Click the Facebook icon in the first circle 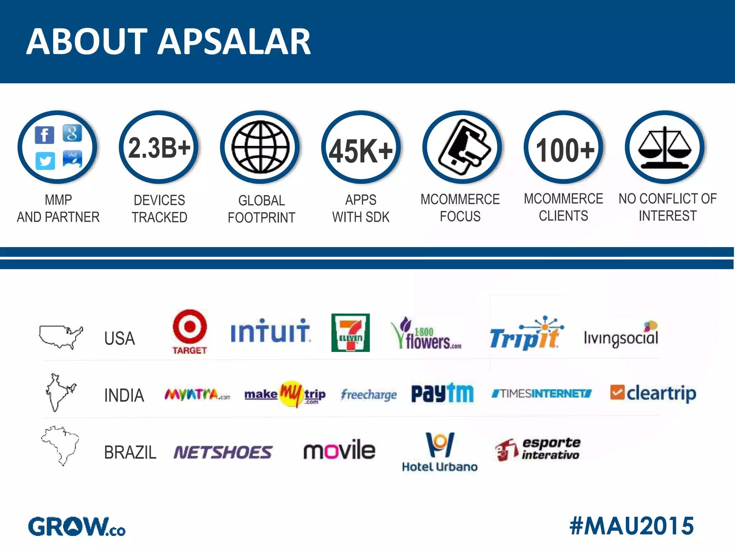(45, 135)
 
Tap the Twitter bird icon (45, 161)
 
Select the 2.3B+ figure (159, 148)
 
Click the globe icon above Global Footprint (260, 147)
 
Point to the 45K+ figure (361, 151)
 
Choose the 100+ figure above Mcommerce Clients (565, 150)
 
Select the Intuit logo (270, 331)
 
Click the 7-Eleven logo (350, 333)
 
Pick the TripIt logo (525, 334)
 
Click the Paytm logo (442, 394)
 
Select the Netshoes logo (223, 452)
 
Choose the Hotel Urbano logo (440, 452)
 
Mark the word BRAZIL (130, 452)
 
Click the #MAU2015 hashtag (632, 526)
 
